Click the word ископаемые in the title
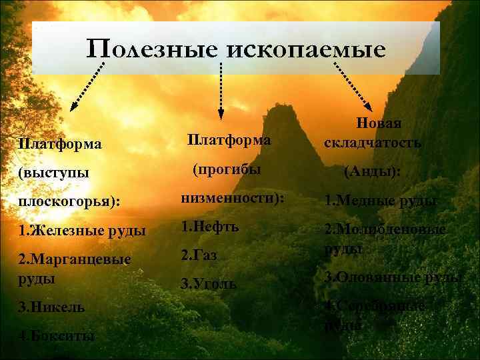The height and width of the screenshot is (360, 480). pyautogui.click(x=307, y=49)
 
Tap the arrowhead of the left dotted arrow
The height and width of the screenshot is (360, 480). pyautogui.click(x=74, y=104)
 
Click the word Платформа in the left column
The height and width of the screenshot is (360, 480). pyautogui.click(x=60, y=144)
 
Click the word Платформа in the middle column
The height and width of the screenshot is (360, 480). pyautogui.click(x=229, y=140)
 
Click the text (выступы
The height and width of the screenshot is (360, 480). pyautogui.click(x=54, y=173)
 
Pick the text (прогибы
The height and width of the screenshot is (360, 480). pyautogui.click(x=227, y=170)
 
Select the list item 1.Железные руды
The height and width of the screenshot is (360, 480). pyautogui.click(x=83, y=231)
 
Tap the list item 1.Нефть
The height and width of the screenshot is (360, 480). pyautogui.click(x=210, y=227)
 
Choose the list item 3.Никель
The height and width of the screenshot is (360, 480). pyautogui.click(x=52, y=307)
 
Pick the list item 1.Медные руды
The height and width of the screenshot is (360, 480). pyautogui.click(x=380, y=200)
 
